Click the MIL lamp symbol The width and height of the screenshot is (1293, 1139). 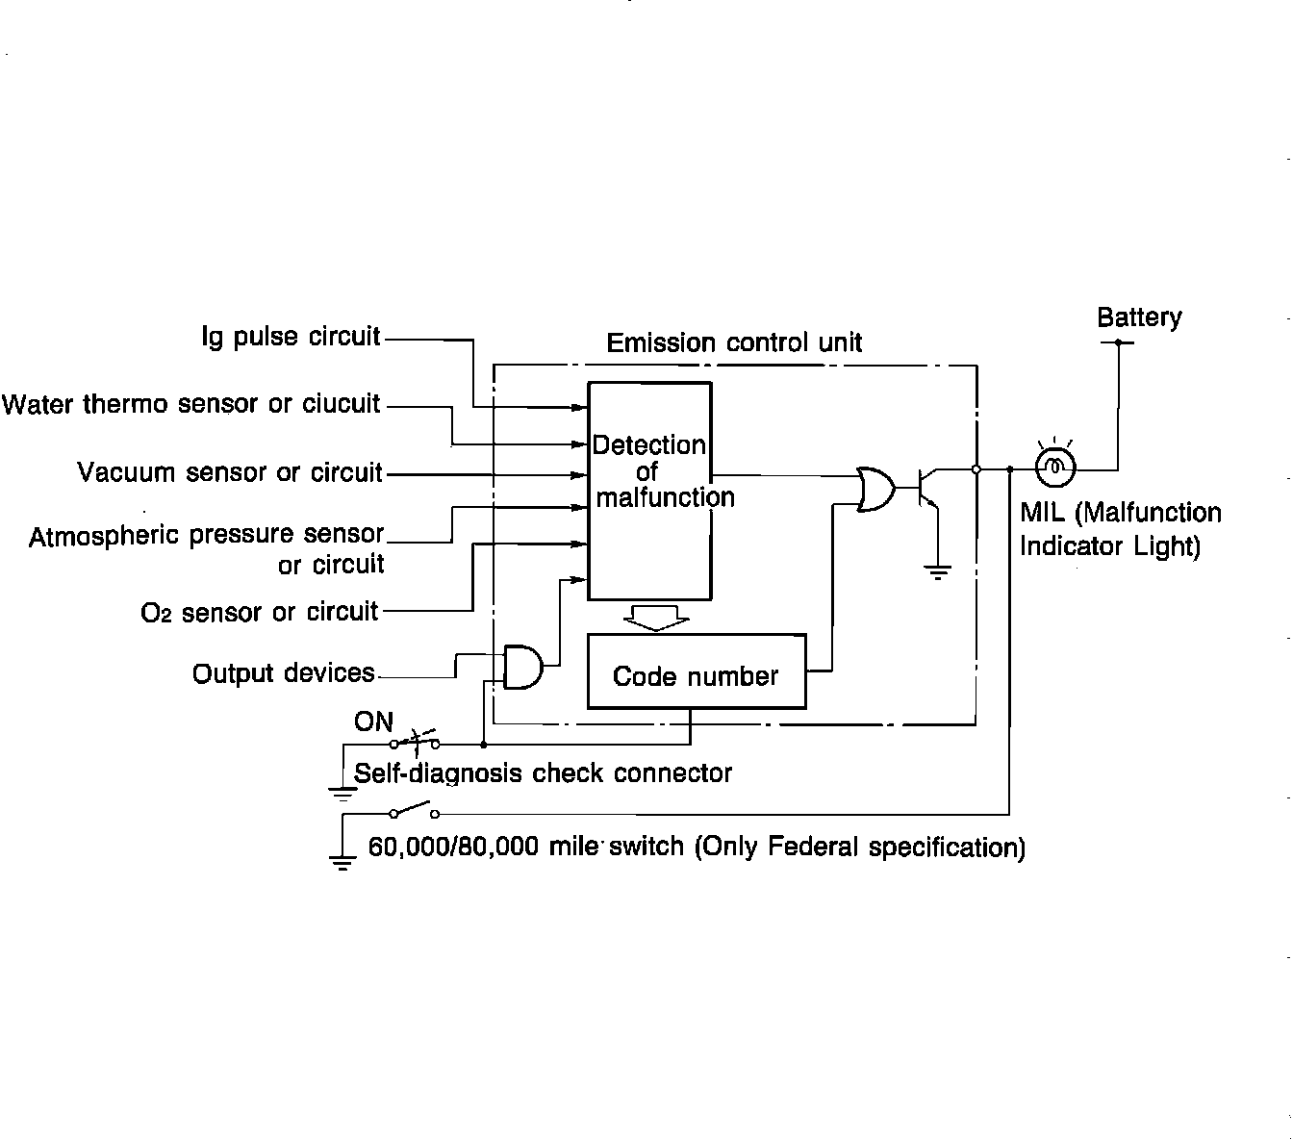pos(1054,468)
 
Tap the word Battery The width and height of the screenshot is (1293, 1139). pos(1139,317)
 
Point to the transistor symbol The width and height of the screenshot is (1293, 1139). pos(926,488)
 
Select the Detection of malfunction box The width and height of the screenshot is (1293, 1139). pos(650,491)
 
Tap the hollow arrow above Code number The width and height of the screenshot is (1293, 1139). pos(656,618)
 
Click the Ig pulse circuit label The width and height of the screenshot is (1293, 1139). pos(291,337)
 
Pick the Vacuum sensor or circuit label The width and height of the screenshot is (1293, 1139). pos(230,472)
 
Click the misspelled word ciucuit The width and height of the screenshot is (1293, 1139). pos(342,403)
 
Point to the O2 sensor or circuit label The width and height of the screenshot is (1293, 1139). pos(260,612)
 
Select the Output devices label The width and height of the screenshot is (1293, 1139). pos(284,672)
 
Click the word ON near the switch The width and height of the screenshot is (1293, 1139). pos(373,721)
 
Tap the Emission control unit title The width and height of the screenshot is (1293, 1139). pos(734,342)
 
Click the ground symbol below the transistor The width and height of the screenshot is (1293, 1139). pos(937,571)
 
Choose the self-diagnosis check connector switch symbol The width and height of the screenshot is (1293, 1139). pos(416,741)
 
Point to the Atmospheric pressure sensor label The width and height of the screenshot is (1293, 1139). pos(206,535)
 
